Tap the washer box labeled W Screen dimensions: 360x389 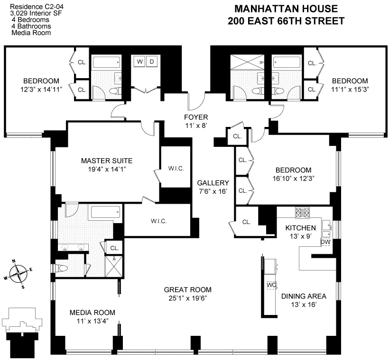[140, 61]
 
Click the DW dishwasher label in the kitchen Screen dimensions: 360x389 [325, 242]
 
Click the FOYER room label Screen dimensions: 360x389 [196, 117]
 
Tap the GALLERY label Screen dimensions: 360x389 [213, 183]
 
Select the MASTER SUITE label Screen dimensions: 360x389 [106, 161]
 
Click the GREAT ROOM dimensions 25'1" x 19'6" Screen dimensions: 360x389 [187, 298]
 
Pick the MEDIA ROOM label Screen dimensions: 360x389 [92, 312]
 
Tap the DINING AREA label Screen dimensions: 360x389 [304, 296]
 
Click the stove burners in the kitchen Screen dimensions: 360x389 [302, 212]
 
